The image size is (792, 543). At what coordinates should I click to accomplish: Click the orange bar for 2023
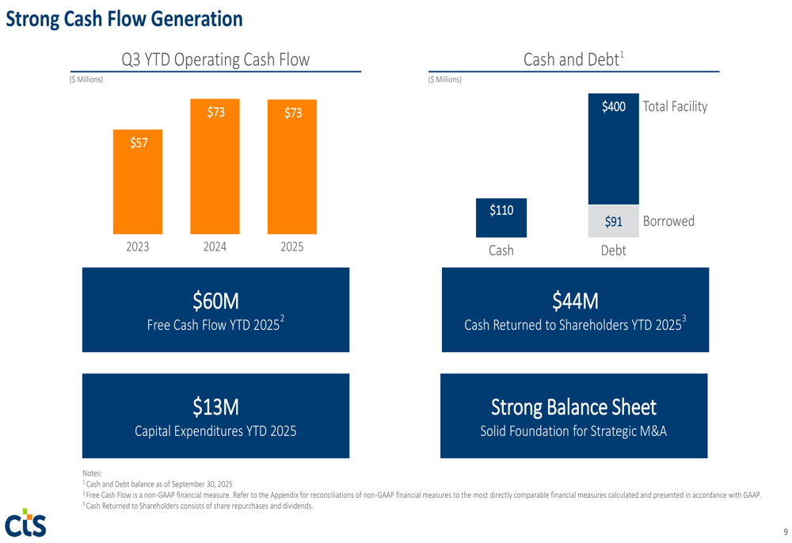pyautogui.click(x=138, y=182)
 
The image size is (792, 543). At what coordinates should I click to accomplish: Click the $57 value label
pyautogui.click(x=139, y=143)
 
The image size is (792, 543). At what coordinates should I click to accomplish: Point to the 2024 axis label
pyautogui.click(x=215, y=247)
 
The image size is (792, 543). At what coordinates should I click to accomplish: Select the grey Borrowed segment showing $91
pyautogui.click(x=613, y=221)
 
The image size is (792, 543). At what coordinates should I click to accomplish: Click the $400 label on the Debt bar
pyautogui.click(x=613, y=106)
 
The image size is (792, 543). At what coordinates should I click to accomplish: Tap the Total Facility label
pyautogui.click(x=675, y=106)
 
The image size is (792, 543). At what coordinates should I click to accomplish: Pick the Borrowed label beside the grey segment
pyautogui.click(x=668, y=221)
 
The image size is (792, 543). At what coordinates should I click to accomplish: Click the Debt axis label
pyautogui.click(x=613, y=250)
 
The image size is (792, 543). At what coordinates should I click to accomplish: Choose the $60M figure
pyautogui.click(x=215, y=300)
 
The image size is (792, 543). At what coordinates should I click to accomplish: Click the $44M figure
pyautogui.click(x=575, y=300)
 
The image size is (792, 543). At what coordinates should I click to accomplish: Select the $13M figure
pyautogui.click(x=215, y=407)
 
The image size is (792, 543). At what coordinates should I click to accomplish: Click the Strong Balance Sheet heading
pyautogui.click(x=573, y=407)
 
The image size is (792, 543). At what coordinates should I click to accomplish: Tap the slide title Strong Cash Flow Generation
pyautogui.click(x=124, y=18)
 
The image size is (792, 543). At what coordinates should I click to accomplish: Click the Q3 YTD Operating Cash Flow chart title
pyautogui.click(x=215, y=59)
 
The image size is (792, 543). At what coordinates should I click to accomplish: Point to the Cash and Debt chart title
pyautogui.click(x=573, y=59)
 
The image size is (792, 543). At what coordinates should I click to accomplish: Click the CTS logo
pyautogui.click(x=25, y=522)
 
